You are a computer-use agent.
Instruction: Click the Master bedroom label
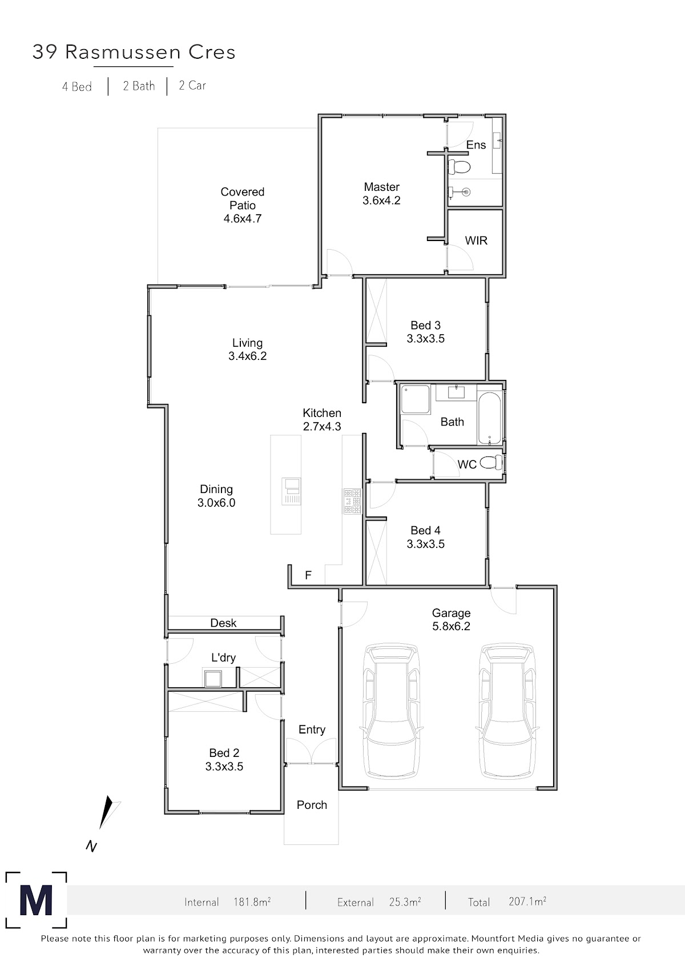381,187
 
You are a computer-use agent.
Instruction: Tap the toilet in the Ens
460,167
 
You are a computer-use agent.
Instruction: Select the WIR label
476,241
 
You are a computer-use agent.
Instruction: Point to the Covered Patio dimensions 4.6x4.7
243,218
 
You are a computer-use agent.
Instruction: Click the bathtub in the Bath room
490,418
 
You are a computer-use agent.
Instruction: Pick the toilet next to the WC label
491,462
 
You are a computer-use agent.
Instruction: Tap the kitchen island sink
291,491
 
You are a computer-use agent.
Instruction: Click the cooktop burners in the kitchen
352,502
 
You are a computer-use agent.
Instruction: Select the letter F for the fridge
308,575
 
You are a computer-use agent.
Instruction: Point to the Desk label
223,623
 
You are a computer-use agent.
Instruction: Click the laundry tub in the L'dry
213,678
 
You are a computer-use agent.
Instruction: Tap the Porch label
312,805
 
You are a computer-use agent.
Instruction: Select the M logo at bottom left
36,900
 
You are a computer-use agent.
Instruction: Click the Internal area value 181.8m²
252,902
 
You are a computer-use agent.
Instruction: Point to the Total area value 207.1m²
527,901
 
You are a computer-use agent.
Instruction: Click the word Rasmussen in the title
123,52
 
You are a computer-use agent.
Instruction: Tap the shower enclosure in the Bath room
415,399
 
